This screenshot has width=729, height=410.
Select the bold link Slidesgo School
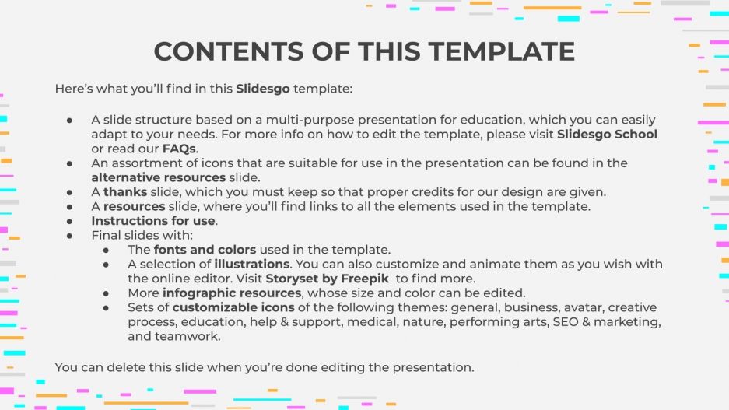click(607, 135)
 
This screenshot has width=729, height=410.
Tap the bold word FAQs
click(179, 149)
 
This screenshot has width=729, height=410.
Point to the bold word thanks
click(125, 192)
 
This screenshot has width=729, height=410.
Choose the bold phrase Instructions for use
click(153, 221)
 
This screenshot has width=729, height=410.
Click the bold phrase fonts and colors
click(205, 250)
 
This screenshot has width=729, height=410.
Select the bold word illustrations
click(242, 265)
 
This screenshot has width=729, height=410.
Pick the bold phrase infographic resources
click(231, 293)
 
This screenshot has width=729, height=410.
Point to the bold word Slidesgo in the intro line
click(263, 89)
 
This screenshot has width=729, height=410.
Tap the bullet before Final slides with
click(69, 236)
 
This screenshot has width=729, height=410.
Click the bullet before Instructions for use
click(69, 221)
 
